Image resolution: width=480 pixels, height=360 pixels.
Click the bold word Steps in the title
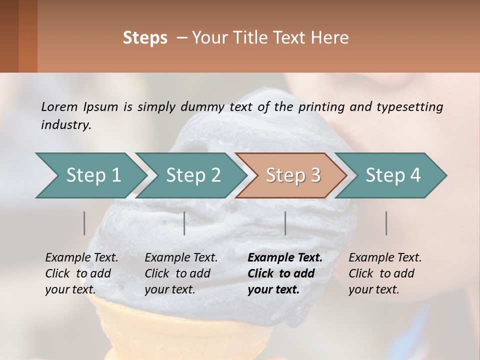click(x=145, y=38)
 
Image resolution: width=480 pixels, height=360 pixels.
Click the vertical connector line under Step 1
click(x=84, y=223)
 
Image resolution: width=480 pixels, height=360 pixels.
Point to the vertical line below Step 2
click(x=184, y=223)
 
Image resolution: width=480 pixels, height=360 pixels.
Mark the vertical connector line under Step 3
click(x=285, y=223)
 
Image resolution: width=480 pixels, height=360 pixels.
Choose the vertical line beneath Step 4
click(x=386, y=223)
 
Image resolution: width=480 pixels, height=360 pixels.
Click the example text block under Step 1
click(x=81, y=273)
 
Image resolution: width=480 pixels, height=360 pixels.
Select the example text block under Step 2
click(x=181, y=273)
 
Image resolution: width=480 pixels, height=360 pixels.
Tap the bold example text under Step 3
click(x=285, y=273)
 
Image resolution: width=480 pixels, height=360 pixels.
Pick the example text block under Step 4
click(x=385, y=273)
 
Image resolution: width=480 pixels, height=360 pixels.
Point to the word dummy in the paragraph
click(x=204, y=106)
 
